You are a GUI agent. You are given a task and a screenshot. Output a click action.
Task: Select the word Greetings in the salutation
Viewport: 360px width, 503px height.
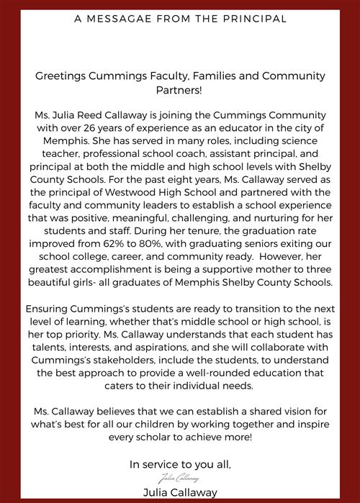60,75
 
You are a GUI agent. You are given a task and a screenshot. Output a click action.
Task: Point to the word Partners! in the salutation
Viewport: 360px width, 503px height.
180,91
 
